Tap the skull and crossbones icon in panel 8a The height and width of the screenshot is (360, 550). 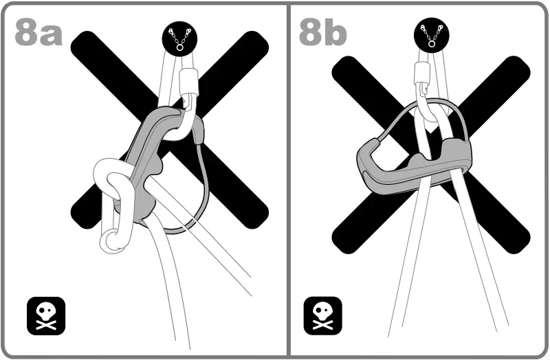pos(45,315)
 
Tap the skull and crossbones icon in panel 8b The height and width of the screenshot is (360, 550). pos(322,315)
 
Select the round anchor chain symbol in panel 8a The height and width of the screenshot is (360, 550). pos(178,38)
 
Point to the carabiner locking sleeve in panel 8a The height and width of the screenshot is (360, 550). pos(188,82)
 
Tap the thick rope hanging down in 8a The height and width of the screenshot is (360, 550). pos(172,289)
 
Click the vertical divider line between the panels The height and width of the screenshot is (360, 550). pos(288,206)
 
